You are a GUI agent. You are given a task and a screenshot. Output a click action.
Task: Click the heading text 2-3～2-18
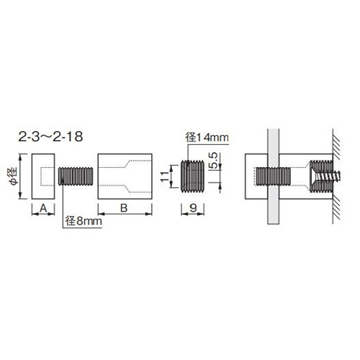pos(50,137)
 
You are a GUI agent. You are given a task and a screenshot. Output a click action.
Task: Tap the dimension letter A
pos(43,208)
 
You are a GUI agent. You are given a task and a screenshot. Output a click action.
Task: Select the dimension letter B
pos(124,208)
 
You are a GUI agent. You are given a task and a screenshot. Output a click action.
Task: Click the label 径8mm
pos(84,221)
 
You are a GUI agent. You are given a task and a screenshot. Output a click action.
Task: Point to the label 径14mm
pos(207,138)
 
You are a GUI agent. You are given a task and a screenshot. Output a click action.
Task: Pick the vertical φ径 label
pos(14,176)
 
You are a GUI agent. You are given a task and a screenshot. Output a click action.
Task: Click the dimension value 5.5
pos(213,161)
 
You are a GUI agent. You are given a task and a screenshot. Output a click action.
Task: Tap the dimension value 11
pos(164,176)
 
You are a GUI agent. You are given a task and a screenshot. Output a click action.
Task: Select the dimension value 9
pos(193,208)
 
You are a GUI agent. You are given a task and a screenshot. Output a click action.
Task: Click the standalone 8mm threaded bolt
pos(76,176)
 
